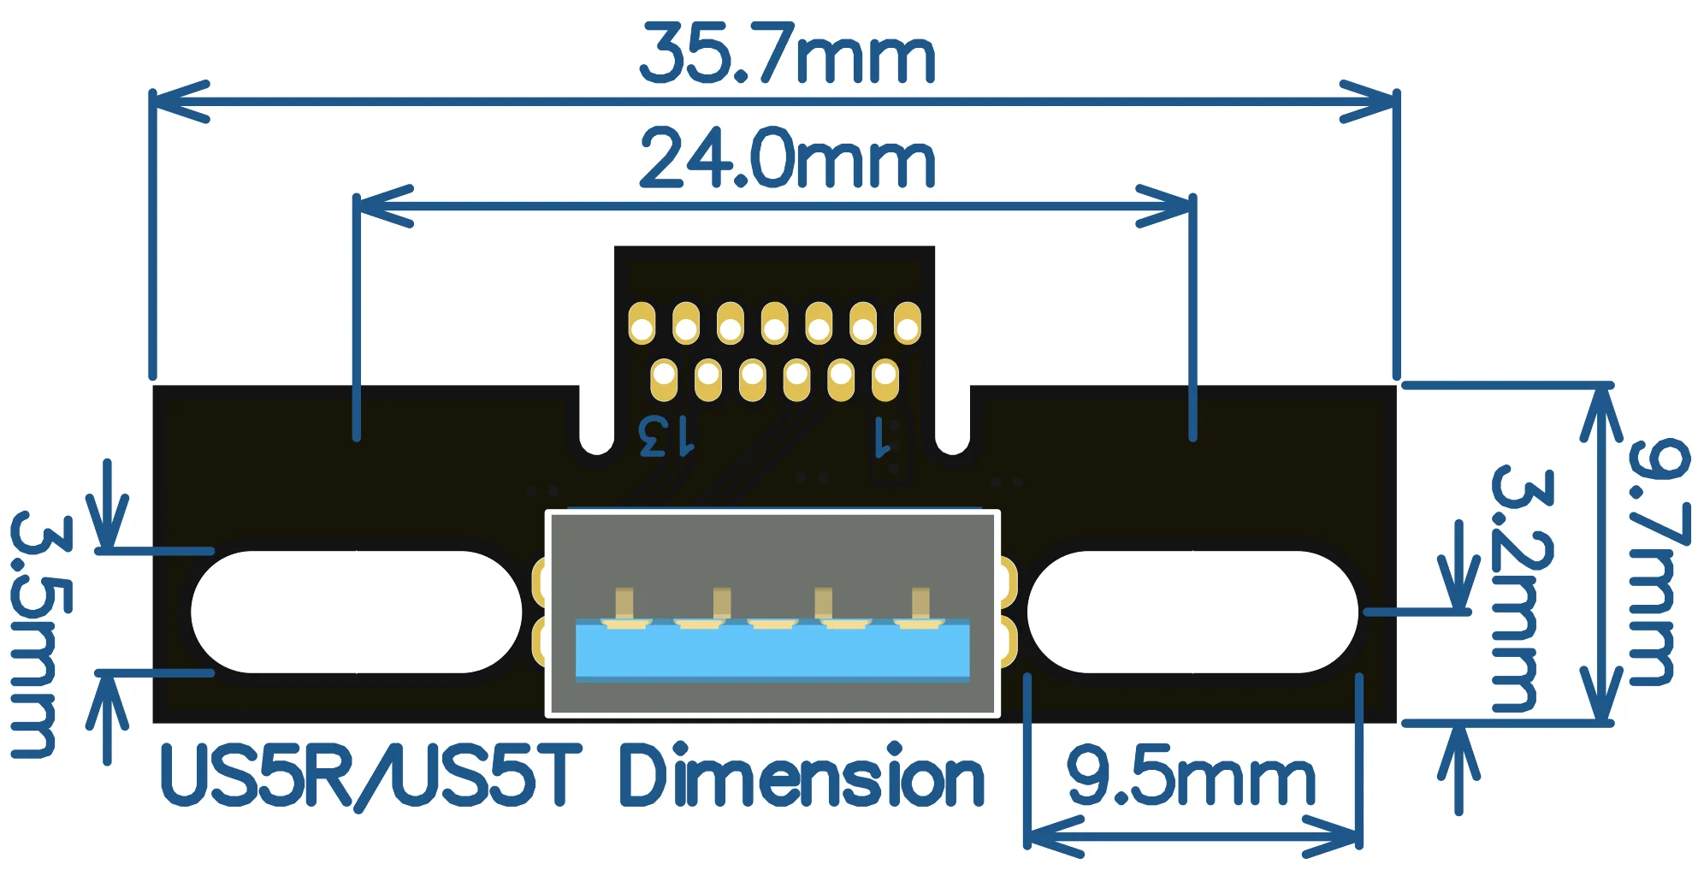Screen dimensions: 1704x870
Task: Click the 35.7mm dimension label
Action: pyautogui.click(x=788, y=56)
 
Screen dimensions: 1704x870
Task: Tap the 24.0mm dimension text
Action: pyautogui.click(x=788, y=160)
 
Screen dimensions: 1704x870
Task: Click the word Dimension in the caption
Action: pyautogui.click(x=801, y=777)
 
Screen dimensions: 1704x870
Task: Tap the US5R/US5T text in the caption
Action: pyautogui.click(x=371, y=777)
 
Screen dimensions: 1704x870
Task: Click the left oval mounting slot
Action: pyautogui.click(x=356, y=612)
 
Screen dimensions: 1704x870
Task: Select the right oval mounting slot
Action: pyautogui.click(x=1192, y=612)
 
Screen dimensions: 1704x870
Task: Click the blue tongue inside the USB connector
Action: pyautogui.click(x=772, y=650)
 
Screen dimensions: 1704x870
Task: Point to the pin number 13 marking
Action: pyautogui.click(x=666, y=436)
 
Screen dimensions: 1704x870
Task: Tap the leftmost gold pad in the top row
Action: pyautogui.click(x=642, y=323)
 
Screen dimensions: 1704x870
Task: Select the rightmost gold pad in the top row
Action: pyautogui.click(x=907, y=323)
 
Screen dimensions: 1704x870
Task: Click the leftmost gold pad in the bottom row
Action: pyautogui.click(x=664, y=380)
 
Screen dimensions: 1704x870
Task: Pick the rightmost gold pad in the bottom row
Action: pyautogui.click(x=885, y=380)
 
